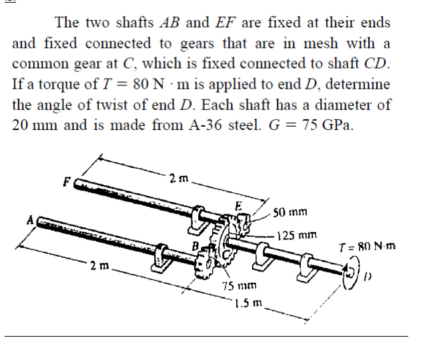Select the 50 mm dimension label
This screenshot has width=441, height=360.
click(290, 213)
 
